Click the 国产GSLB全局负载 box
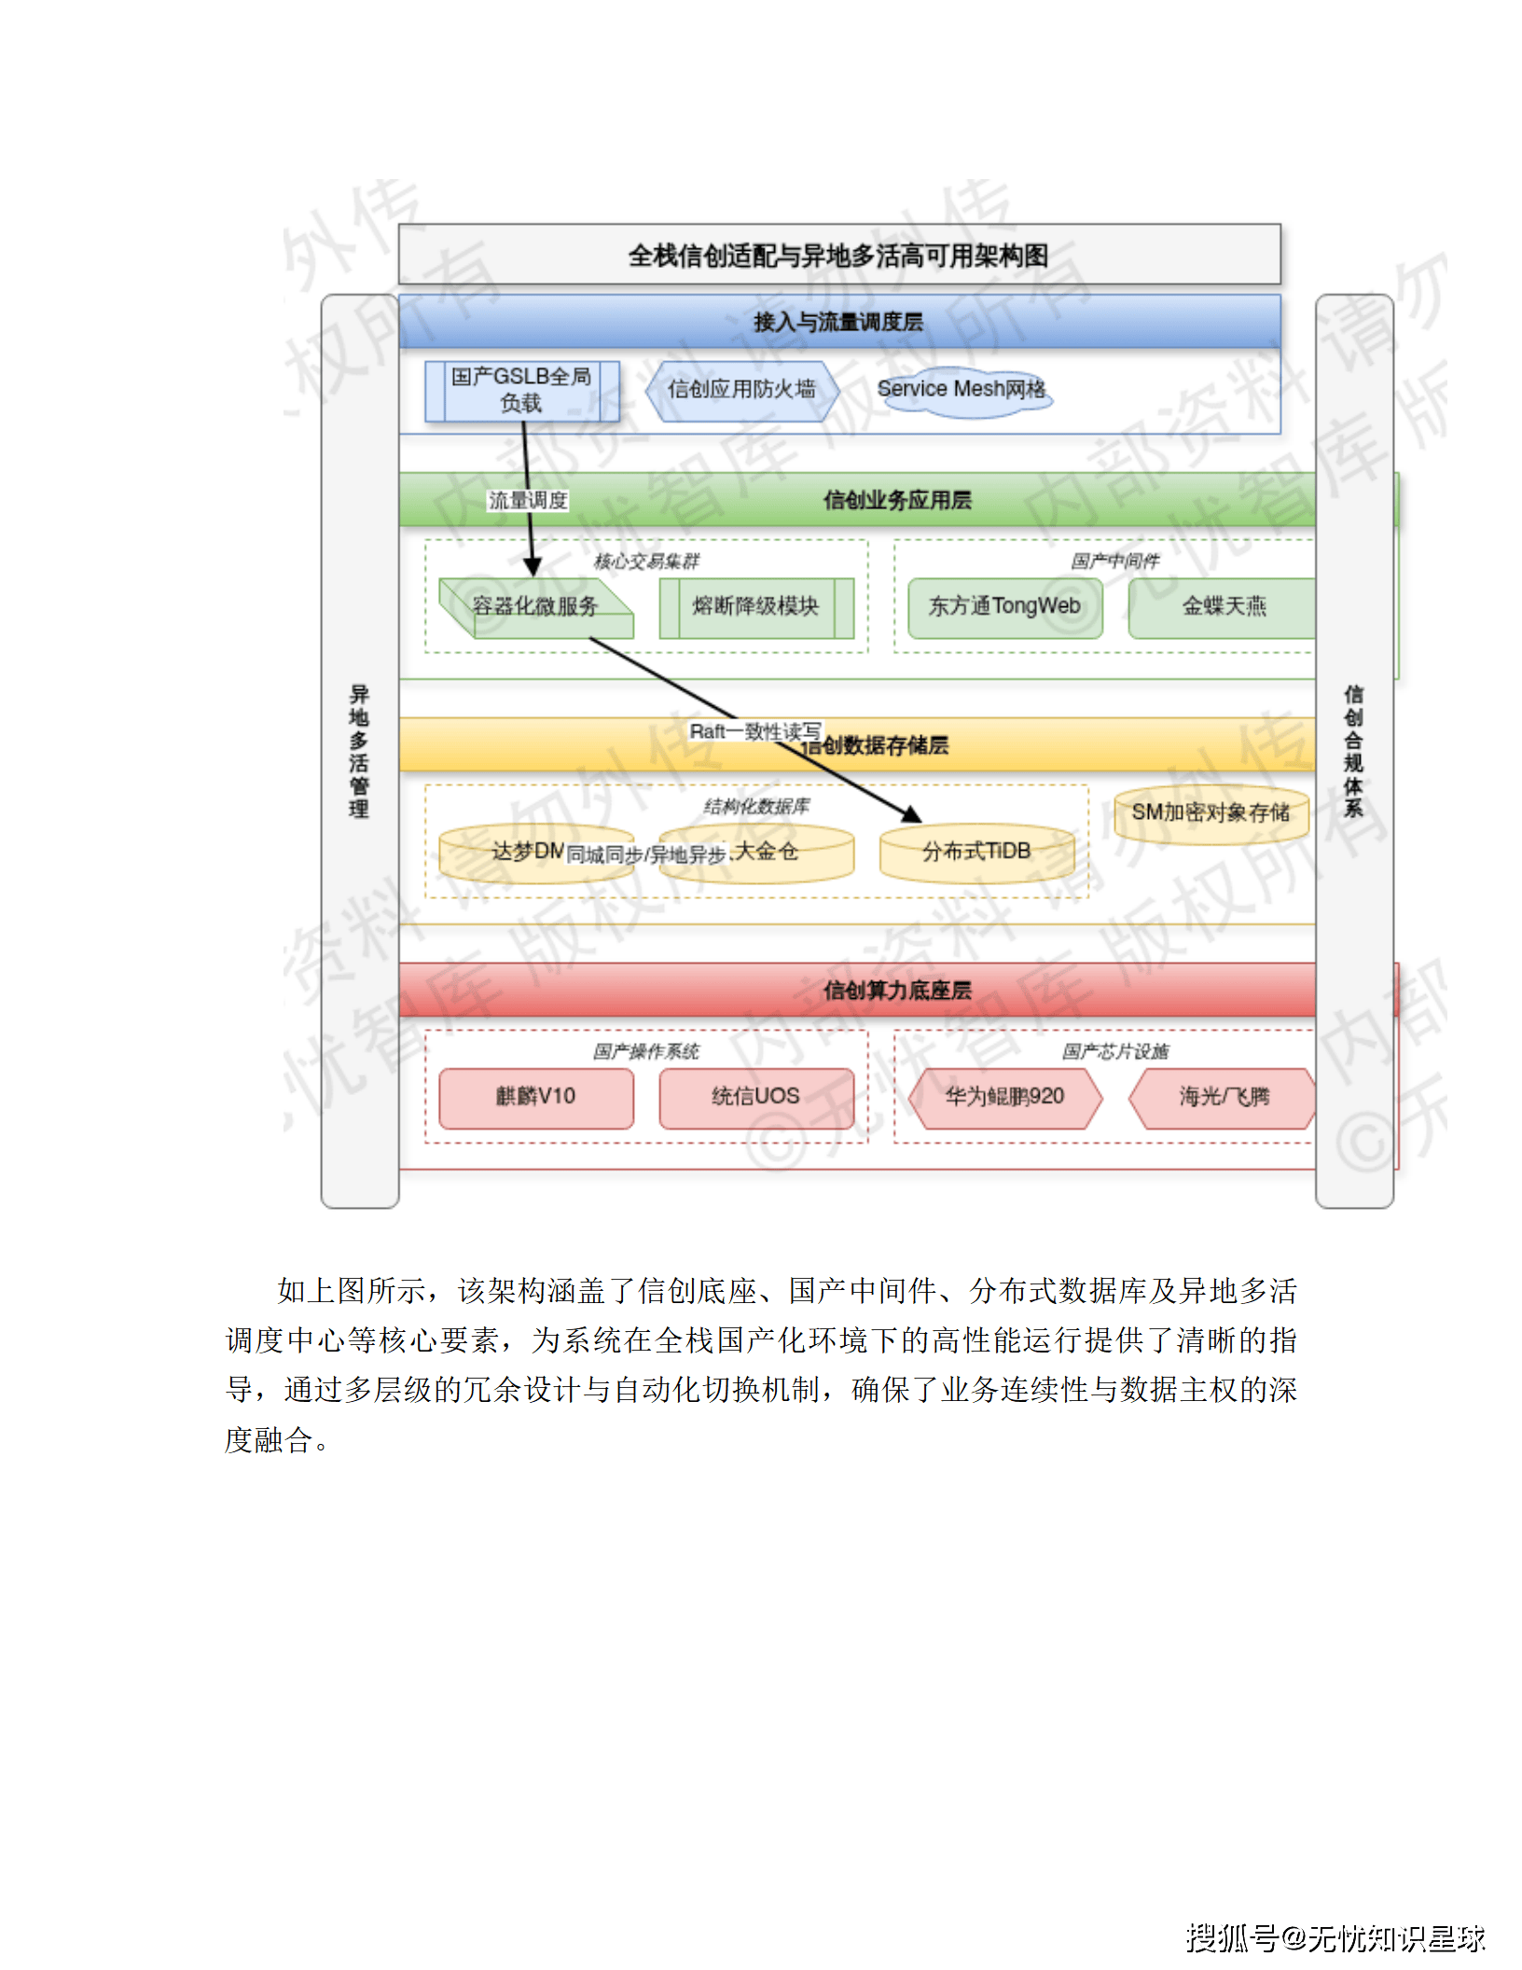click(x=521, y=391)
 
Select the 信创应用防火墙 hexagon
click(x=741, y=390)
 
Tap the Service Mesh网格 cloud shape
click(x=962, y=390)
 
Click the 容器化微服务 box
click(x=535, y=607)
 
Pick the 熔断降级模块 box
click(x=755, y=607)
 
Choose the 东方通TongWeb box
click(x=1004, y=607)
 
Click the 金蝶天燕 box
click(x=1224, y=607)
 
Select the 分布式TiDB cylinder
click(x=976, y=853)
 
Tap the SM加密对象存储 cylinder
click(x=1211, y=813)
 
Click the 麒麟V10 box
click(x=535, y=1097)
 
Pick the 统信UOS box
click(x=755, y=1097)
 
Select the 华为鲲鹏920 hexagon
click(x=1004, y=1097)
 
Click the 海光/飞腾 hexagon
click(x=1224, y=1097)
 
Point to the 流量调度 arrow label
click(x=528, y=501)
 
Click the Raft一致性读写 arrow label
click(x=754, y=732)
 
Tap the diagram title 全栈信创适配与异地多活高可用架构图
click(x=838, y=256)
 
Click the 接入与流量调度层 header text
click(x=838, y=323)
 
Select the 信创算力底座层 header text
click(x=897, y=991)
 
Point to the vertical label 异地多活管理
click(x=359, y=751)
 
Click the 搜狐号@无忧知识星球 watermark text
click(x=1335, y=1938)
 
